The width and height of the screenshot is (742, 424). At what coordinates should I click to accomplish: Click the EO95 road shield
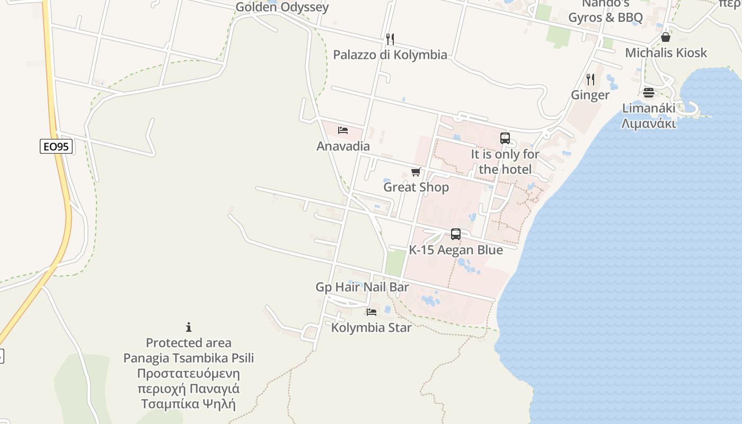56,146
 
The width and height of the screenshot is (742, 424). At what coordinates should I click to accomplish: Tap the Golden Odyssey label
282,7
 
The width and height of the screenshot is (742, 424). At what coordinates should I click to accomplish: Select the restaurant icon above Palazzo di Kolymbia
390,39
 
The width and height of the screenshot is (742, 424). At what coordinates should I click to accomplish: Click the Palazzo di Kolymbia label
390,55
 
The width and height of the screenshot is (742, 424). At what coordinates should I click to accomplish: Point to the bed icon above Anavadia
343,130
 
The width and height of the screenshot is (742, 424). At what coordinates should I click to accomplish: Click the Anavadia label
343,146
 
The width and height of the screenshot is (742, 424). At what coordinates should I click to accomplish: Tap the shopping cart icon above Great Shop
416,172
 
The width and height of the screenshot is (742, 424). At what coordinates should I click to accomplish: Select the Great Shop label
416,187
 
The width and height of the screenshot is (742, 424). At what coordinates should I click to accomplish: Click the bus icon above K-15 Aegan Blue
456,234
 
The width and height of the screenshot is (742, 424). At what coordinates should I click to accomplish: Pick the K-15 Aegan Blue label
456,250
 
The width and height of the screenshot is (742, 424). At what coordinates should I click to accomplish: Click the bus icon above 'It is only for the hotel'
505,138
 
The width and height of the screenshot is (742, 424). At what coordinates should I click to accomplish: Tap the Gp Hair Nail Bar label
362,287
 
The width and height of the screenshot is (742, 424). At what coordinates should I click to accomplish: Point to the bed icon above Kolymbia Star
372,312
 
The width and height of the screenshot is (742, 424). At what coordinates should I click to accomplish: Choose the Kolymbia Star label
372,328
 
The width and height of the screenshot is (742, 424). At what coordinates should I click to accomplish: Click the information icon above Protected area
188,327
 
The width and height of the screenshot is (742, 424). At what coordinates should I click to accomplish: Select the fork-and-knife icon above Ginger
590,79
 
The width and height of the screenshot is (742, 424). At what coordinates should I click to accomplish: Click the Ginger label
590,95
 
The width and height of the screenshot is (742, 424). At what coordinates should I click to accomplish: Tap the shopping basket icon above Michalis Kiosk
666,37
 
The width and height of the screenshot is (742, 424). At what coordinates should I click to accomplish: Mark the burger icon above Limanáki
649,93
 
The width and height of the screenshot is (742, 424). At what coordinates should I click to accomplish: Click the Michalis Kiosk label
666,52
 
